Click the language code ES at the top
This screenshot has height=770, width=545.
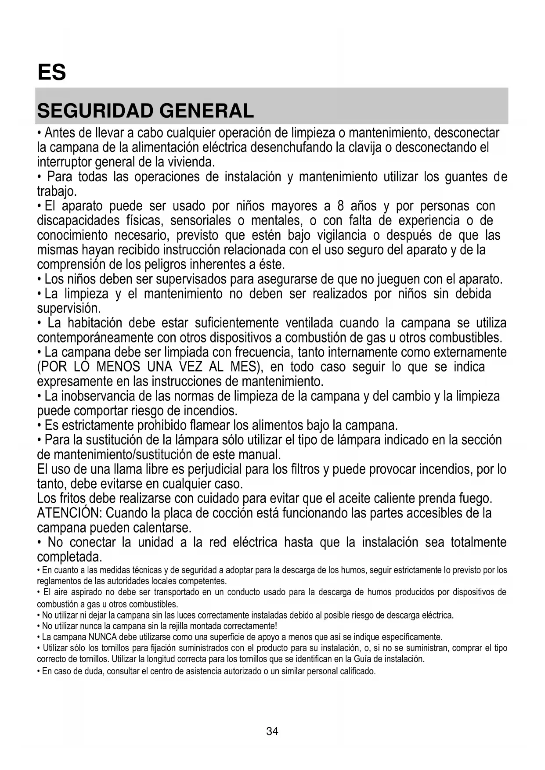pos(52,72)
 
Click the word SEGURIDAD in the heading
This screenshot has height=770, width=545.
pos(95,111)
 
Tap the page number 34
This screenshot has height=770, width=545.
pos(272,731)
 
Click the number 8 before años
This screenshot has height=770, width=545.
pos(340,206)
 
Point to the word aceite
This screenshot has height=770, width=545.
pos(355,499)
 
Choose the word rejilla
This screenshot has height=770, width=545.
pos(186,626)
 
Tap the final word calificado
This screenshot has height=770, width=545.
pos(357,671)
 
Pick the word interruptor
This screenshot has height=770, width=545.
pos(64,162)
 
